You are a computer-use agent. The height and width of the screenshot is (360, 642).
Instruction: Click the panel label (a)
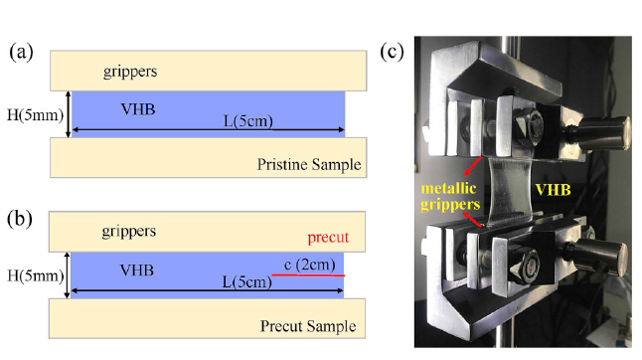coord(21,53)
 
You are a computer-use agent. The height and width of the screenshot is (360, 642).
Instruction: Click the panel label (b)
coord(20,219)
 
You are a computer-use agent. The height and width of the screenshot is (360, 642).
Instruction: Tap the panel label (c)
coord(392,52)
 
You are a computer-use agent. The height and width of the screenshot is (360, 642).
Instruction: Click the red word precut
coord(328,238)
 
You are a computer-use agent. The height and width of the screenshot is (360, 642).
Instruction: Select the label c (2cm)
coord(309,265)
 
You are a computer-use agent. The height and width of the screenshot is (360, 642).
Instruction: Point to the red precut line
coord(308,275)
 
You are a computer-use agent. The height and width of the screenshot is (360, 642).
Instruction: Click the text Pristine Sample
coord(309,165)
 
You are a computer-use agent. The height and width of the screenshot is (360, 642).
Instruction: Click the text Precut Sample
coord(308,326)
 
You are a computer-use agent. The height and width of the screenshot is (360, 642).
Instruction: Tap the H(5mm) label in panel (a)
coord(36,115)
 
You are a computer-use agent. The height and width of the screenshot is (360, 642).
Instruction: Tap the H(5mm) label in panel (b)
coord(36,276)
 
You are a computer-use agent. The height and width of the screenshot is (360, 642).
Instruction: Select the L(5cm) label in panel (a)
coord(248,121)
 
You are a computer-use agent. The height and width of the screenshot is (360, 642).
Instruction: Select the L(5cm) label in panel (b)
coord(246,281)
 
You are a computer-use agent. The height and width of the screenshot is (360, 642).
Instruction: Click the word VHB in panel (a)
coord(138,109)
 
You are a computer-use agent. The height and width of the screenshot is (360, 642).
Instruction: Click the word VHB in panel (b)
coord(137,270)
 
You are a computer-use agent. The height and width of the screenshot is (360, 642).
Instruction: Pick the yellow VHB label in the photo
coord(554,190)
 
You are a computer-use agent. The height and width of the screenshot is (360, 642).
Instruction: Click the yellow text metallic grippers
coord(450,196)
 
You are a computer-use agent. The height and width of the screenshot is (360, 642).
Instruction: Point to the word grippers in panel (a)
coord(130,72)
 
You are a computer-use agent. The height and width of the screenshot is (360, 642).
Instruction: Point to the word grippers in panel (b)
coord(129,232)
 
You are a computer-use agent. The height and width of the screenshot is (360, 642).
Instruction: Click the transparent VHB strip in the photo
coord(509,191)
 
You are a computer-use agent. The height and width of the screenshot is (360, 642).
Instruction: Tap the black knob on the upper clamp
coord(600,132)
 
